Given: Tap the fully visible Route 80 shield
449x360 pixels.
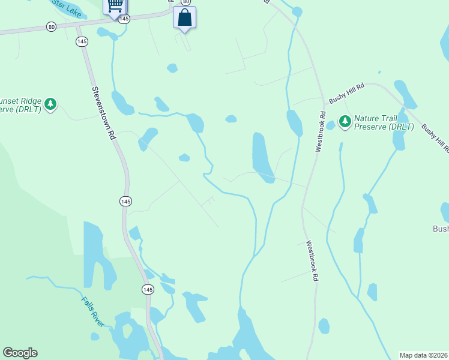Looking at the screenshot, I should (x=52, y=26).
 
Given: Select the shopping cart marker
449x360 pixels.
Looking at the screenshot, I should (x=115, y=7).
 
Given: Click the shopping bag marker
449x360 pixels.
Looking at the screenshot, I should (x=184, y=17).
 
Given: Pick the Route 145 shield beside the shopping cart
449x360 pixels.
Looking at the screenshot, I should (x=124, y=19).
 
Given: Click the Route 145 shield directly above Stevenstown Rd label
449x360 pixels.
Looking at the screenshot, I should (x=82, y=41).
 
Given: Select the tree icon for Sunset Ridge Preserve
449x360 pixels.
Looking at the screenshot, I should (x=51, y=104).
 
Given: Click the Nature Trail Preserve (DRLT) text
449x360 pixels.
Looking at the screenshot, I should (x=384, y=122).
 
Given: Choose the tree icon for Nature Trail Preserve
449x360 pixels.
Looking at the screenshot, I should (x=345, y=122).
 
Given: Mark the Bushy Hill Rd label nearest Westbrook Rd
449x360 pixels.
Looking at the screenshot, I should (x=346, y=92).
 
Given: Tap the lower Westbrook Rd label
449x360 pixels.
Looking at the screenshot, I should (x=312, y=261).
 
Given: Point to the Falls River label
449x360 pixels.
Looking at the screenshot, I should (x=94, y=311).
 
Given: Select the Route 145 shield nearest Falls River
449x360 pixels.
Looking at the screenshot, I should (x=148, y=289).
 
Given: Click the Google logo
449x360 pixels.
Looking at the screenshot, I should (x=20, y=353).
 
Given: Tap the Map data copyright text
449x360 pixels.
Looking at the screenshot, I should (x=424, y=355).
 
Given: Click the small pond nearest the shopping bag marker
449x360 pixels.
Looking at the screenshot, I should (x=172, y=68).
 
